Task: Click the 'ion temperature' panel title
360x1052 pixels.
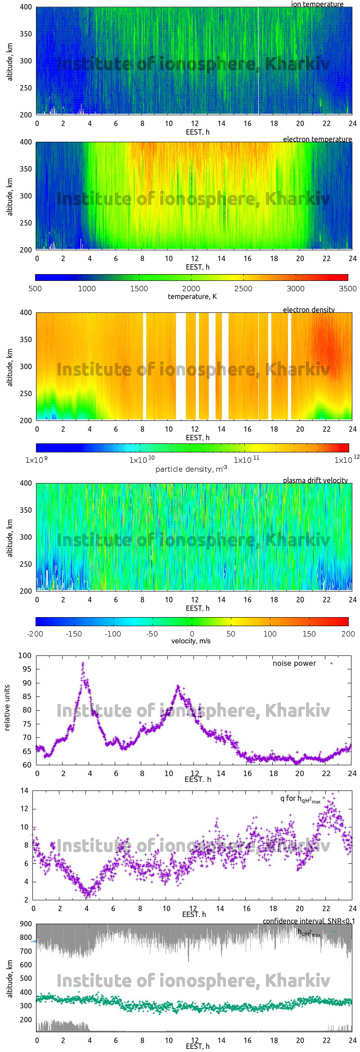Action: point(317,4)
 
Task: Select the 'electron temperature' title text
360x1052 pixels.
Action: point(317,139)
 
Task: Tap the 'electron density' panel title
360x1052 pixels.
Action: point(309,310)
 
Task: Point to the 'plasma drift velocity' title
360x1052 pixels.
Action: point(315,480)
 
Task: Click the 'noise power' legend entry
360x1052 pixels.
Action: point(294,663)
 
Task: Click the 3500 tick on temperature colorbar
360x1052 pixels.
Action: point(347,289)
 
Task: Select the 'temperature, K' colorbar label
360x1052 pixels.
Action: point(192,296)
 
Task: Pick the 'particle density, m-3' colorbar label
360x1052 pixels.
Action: point(191,469)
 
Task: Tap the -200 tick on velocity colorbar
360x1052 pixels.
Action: point(35,634)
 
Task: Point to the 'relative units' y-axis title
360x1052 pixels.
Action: point(7,708)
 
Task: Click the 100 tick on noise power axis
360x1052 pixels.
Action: point(25,655)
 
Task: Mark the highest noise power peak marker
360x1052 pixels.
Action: point(83,663)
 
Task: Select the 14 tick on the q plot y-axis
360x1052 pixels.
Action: point(24,790)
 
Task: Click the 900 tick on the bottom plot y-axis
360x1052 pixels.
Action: point(26,924)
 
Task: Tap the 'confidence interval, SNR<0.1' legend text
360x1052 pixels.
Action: point(308,921)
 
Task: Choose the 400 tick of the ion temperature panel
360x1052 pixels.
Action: point(26,7)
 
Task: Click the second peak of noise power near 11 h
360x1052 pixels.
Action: point(178,686)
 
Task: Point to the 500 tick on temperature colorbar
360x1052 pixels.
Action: point(35,289)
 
